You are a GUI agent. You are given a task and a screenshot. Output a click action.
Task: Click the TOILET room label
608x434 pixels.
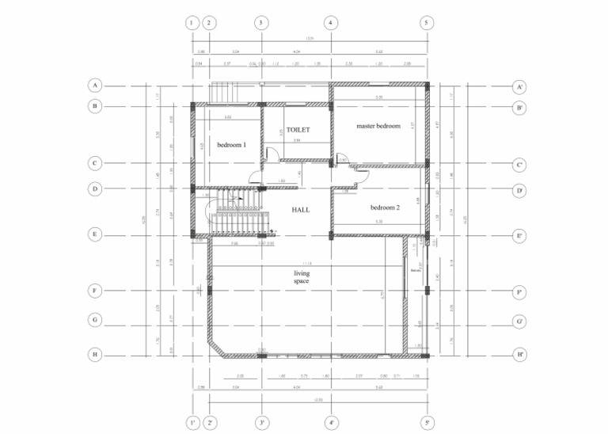298,129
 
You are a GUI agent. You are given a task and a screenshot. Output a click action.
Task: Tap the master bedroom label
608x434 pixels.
378,126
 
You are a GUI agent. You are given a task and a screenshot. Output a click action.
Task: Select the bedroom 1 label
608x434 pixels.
232,145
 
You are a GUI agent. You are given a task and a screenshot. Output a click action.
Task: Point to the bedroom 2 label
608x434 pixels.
385,207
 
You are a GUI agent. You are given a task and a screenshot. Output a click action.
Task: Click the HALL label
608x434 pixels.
301,210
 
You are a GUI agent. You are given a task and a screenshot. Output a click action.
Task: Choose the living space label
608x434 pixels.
301,277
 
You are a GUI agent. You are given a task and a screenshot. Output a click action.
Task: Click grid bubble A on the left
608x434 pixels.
95,85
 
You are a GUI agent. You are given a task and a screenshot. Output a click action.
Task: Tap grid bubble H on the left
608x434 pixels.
95,354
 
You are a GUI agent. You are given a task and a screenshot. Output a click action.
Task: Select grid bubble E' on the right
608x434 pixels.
520,234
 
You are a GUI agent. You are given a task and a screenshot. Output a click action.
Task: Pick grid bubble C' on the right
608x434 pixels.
520,164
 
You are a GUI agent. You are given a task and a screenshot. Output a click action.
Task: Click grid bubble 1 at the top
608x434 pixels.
192,23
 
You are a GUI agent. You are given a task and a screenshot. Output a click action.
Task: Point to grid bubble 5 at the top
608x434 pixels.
426,23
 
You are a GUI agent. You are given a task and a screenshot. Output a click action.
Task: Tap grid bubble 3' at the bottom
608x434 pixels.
261,423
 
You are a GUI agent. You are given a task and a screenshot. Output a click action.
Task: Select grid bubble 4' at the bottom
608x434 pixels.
331,423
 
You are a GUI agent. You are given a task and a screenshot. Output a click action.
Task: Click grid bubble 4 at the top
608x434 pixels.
331,23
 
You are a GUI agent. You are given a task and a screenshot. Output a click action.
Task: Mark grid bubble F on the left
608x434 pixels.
95,291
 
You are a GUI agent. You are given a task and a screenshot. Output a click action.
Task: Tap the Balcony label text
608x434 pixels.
416,270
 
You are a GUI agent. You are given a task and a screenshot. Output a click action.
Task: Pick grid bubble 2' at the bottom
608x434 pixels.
210,423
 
